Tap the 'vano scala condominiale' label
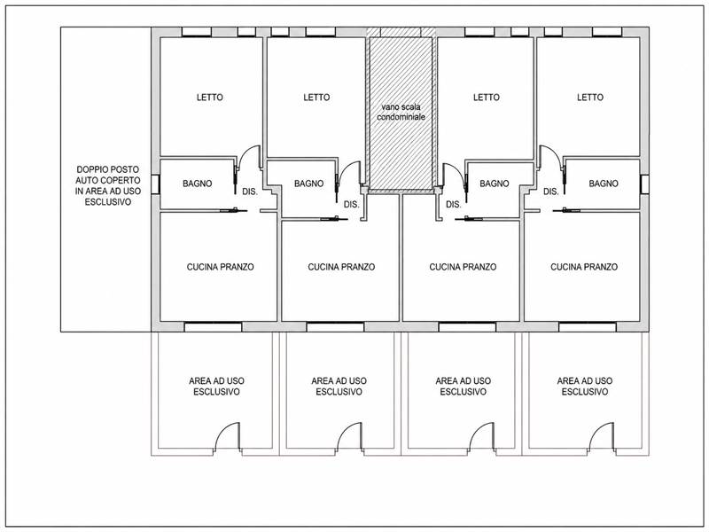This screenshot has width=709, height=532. (401, 112)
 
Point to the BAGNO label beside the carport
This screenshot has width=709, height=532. (197, 184)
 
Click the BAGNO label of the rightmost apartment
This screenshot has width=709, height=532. (604, 184)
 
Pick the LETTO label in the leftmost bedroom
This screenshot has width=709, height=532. (210, 98)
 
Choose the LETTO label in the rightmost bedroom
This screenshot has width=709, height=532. (590, 98)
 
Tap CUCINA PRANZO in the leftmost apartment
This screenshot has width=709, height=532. (220, 267)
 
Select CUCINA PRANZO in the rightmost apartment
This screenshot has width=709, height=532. (584, 267)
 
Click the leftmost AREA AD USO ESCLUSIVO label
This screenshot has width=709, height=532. (216, 387)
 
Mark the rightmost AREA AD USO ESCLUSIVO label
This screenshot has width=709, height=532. (585, 387)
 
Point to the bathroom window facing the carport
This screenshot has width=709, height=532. (155, 184)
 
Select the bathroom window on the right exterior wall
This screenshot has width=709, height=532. (644, 184)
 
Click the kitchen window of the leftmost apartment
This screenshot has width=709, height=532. (213, 326)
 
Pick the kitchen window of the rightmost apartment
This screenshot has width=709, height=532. (588, 326)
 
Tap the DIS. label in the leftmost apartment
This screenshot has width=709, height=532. (250, 192)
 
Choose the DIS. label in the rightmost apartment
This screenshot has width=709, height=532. (550, 192)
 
